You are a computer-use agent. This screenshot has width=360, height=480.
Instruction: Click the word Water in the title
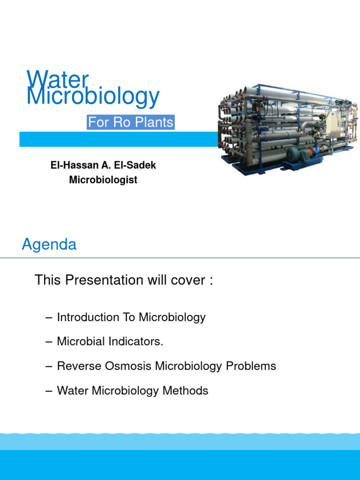pyautogui.click(x=57, y=79)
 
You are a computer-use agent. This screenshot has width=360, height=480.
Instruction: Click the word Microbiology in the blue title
pyautogui.click(x=93, y=97)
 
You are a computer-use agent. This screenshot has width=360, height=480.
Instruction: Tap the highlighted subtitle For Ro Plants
pyautogui.click(x=131, y=123)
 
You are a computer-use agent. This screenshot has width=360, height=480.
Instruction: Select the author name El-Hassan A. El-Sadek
pyautogui.click(x=103, y=165)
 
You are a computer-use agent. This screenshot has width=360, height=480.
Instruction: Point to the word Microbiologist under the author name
pyautogui.click(x=103, y=180)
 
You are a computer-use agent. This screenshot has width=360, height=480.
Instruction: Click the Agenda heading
pyautogui.click(x=49, y=245)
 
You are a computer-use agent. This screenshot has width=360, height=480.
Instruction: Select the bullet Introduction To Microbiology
pyautogui.click(x=131, y=317)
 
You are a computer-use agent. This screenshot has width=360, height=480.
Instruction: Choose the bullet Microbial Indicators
pyautogui.click(x=110, y=342)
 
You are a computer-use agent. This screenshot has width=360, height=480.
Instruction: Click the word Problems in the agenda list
pyautogui.click(x=251, y=366)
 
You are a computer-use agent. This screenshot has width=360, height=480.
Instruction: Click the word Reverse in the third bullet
pyautogui.click(x=75, y=366)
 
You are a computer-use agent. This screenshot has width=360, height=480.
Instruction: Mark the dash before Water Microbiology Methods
pyautogui.click(x=49, y=390)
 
